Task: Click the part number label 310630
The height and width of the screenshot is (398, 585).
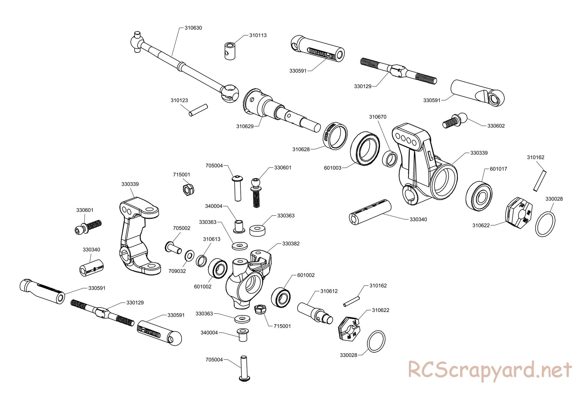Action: point(193,28)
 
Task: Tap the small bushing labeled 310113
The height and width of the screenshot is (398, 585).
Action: point(230,51)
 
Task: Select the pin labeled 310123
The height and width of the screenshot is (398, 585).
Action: point(198,110)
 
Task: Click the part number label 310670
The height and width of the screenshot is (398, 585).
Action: point(378,117)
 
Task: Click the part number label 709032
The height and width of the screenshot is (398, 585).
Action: point(177,271)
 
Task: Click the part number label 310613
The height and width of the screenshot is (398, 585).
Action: point(212,239)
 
